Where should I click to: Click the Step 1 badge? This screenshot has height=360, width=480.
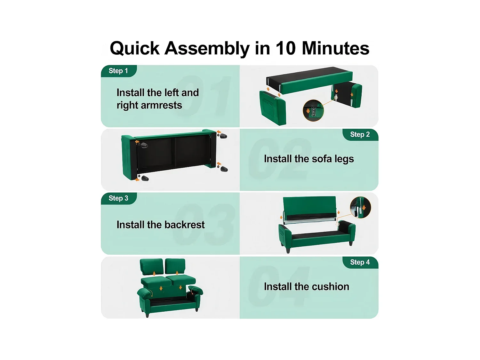119,71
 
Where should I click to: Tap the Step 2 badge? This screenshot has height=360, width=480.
360,135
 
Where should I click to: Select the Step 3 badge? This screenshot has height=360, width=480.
119,198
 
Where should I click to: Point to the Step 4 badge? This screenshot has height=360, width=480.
360,262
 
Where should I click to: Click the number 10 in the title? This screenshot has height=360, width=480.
285,48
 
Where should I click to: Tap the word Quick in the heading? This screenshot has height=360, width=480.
135,49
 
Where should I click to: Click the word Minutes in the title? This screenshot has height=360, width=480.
336,48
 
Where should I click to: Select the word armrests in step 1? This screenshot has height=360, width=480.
161,105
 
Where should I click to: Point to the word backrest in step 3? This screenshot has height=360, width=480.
185,225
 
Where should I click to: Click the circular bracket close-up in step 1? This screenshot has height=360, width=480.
313,111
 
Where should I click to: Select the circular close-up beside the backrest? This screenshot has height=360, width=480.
360,207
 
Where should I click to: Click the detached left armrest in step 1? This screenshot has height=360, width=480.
272,108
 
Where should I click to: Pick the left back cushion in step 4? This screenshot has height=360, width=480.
152,267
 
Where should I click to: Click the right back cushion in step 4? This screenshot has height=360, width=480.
175,266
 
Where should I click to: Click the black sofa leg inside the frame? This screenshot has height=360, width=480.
144,145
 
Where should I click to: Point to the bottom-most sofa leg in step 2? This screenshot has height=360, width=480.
145,178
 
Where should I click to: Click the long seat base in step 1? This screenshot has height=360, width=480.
309,80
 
